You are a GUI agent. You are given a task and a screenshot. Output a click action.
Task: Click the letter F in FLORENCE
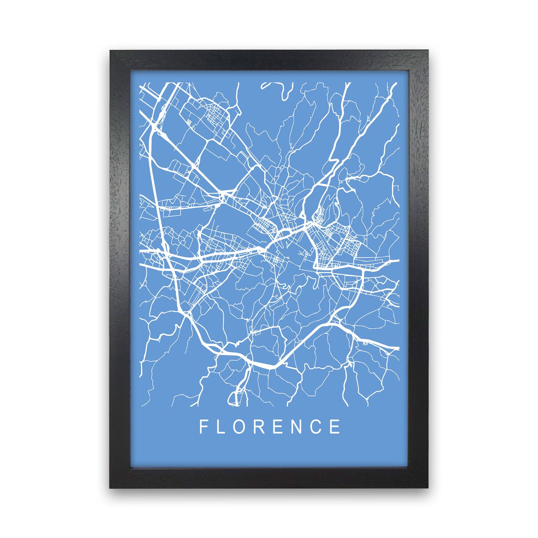[203, 427]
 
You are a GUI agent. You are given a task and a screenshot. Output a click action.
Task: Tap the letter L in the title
[221, 427]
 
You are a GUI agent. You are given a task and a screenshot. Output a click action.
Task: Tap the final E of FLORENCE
[336, 427]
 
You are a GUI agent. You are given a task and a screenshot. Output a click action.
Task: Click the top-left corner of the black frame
[111, 51]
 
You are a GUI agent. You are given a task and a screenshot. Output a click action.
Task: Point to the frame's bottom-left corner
[111, 487]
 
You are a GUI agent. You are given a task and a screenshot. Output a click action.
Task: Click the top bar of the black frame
[269, 60]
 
